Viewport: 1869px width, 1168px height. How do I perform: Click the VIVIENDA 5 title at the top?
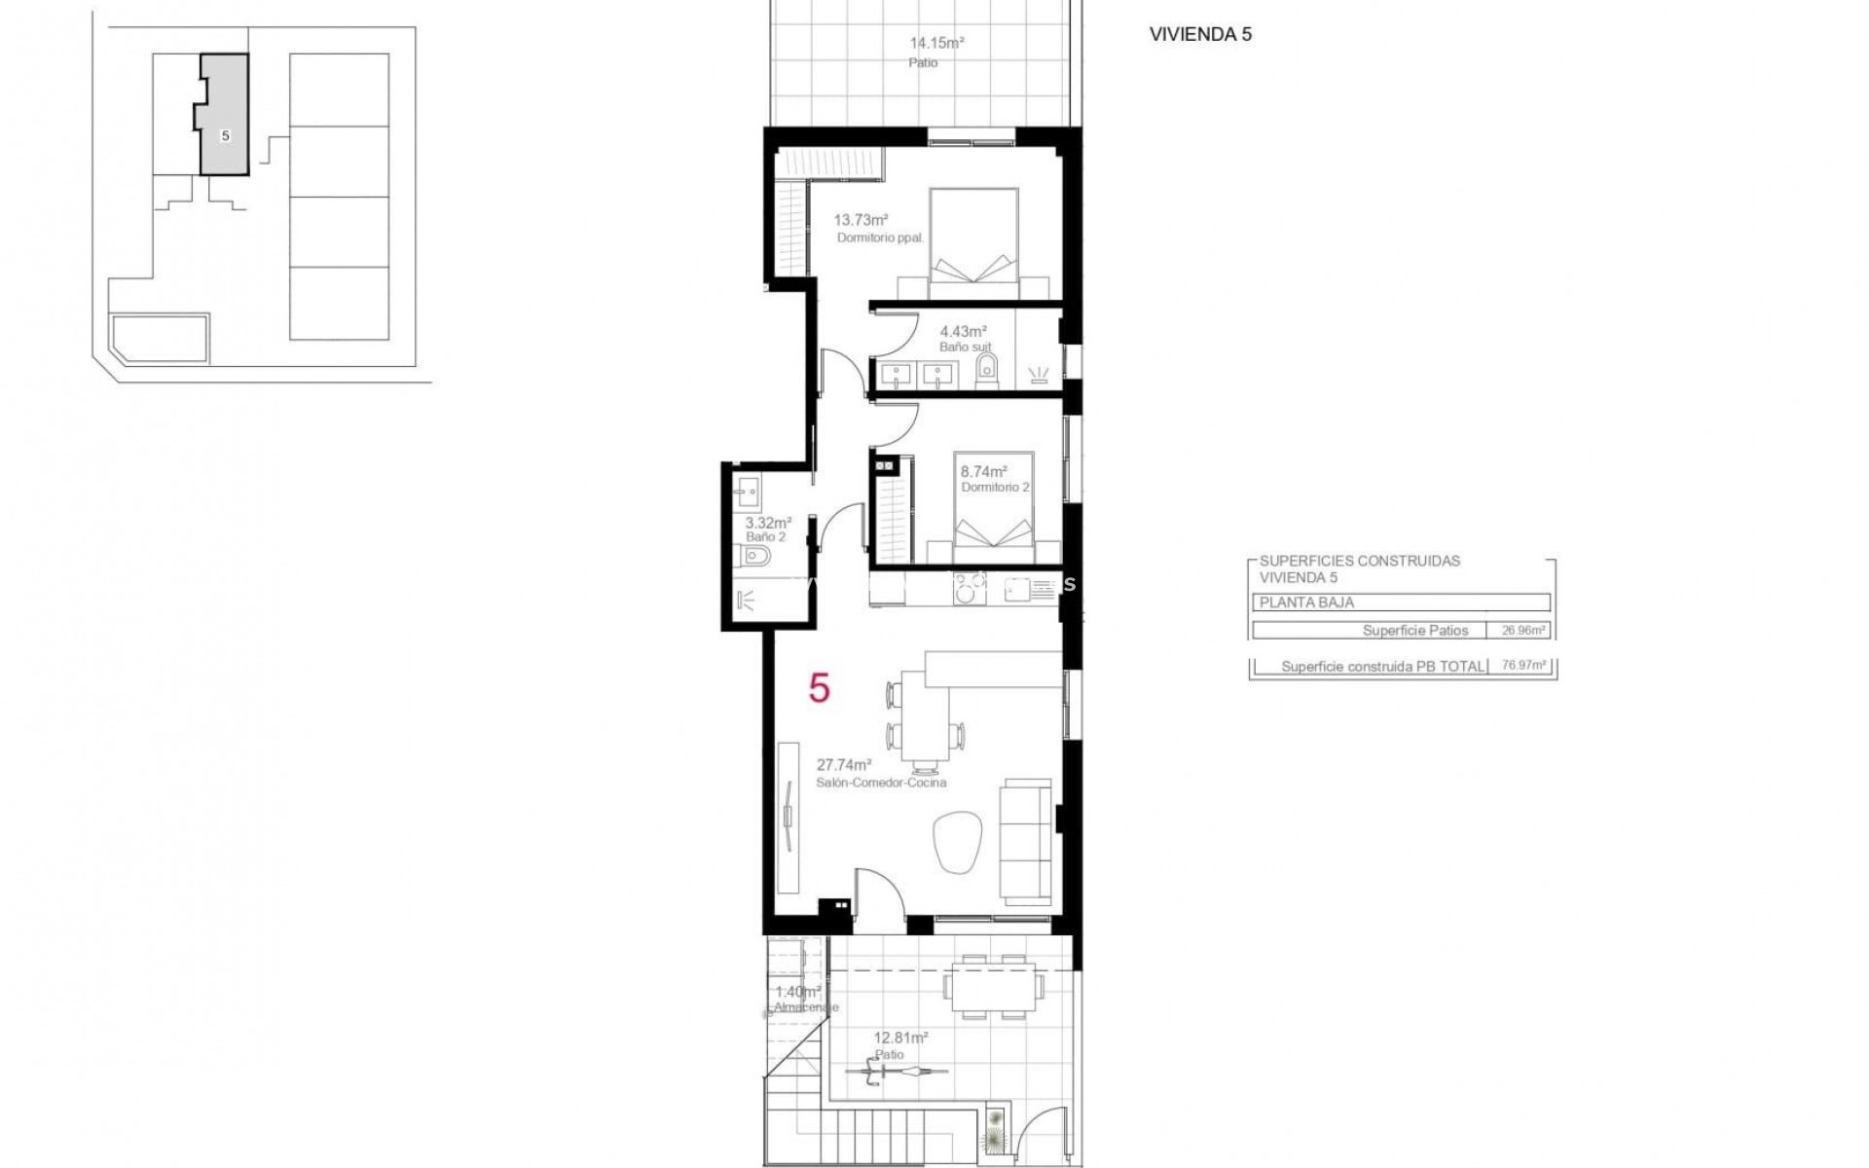1200,34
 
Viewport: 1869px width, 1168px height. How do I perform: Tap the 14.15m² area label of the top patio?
936,43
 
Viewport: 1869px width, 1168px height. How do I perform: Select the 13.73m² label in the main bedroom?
860,220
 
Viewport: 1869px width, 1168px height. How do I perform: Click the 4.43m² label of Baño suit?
963,331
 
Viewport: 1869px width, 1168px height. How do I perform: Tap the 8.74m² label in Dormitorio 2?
983,471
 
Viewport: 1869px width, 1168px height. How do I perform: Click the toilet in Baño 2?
755,556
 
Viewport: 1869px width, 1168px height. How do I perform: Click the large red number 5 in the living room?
820,689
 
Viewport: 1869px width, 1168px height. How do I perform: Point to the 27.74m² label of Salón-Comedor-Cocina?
843,765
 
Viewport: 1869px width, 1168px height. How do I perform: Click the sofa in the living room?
1027,839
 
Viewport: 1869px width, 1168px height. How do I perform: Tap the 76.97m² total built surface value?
1523,667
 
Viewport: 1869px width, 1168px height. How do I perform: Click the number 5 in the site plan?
226,136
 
